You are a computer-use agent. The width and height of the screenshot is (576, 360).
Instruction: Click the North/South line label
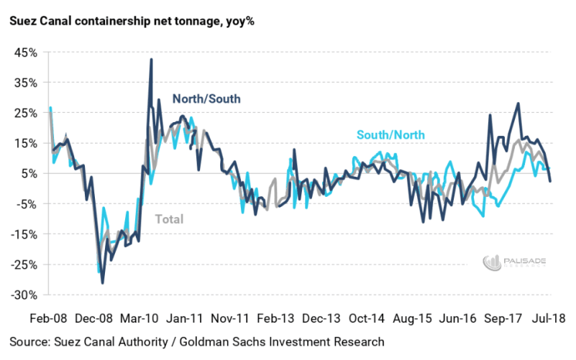206,99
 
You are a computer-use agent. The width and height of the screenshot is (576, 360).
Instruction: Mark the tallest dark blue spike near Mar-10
151,60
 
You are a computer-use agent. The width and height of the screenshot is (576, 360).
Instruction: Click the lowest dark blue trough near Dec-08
102,282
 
